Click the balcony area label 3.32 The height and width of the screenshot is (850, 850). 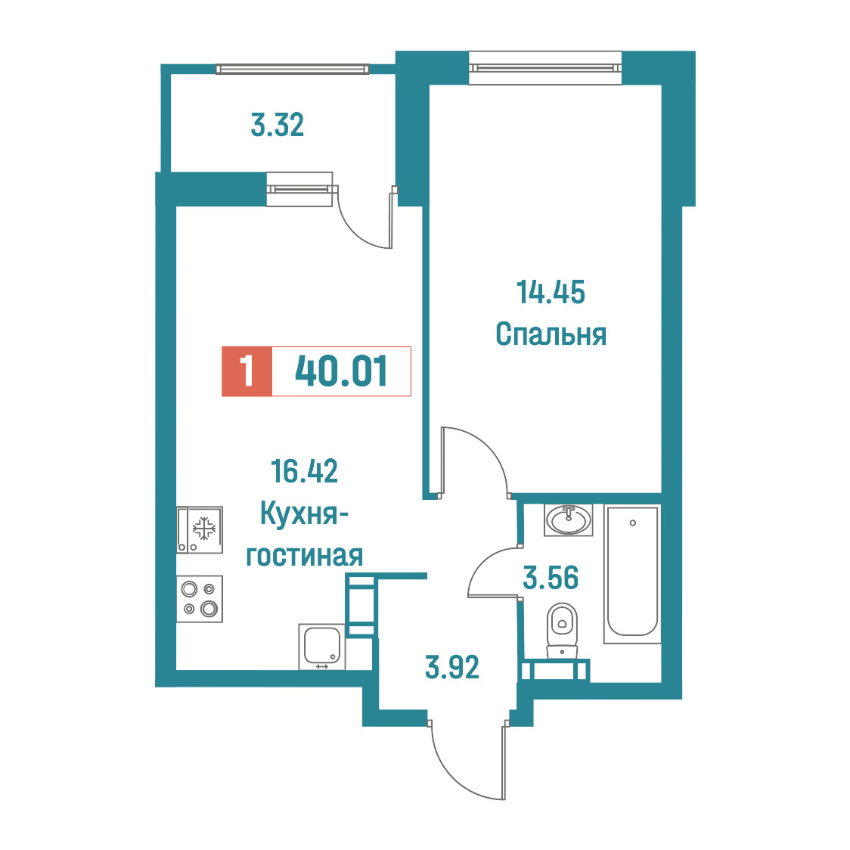277,125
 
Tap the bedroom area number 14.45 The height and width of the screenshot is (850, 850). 551,292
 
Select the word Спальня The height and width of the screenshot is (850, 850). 551,334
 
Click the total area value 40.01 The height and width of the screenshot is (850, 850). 341,371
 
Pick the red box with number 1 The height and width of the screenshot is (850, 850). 247,371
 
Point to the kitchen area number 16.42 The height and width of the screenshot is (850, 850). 304,470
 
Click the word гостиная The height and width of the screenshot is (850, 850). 304,556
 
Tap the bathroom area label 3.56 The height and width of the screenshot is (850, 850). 551,577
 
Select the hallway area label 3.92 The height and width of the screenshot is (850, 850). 452,667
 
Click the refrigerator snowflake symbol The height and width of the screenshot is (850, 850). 204,529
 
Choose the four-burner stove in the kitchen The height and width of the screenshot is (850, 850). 200,598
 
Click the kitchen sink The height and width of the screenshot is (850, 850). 322,646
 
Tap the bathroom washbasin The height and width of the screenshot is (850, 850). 569,520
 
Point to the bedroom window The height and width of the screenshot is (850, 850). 544,68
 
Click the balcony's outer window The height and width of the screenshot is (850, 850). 292,69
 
